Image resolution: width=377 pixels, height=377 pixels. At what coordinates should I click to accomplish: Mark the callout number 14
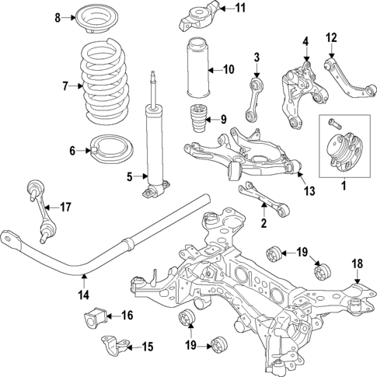(x=83, y=294)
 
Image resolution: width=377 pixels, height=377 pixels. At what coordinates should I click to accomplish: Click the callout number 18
(x=358, y=264)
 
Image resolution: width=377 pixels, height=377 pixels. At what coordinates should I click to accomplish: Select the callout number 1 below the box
(x=343, y=186)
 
